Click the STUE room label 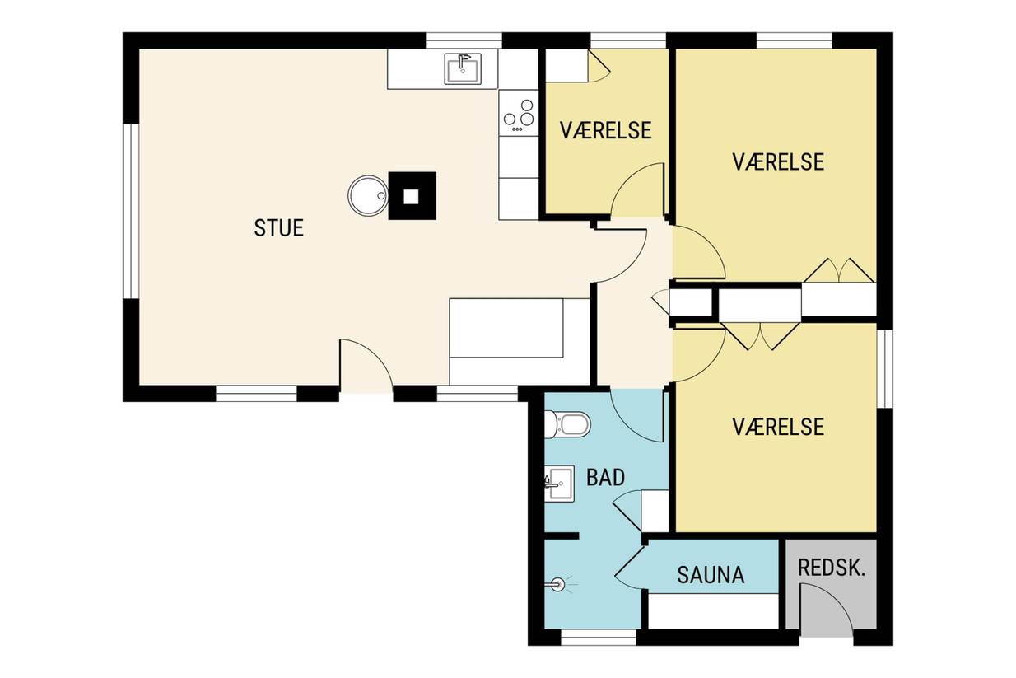[x=278, y=228]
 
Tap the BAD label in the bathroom [x=605, y=478]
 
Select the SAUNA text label [x=711, y=575]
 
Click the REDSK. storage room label [x=832, y=568]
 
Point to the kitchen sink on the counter [x=463, y=68]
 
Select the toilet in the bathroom [x=567, y=425]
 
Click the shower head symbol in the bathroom [x=557, y=585]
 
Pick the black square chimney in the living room [x=412, y=196]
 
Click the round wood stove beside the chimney [x=368, y=195]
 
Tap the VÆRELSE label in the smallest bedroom [x=605, y=131]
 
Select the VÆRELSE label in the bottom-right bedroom [x=778, y=427]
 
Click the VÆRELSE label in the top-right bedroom [x=778, y=162]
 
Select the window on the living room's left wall [x=131, y=211]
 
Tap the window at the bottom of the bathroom [x=599, y=637]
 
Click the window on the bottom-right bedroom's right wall [x=884, y=368]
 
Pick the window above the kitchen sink [x=464, y=40]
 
